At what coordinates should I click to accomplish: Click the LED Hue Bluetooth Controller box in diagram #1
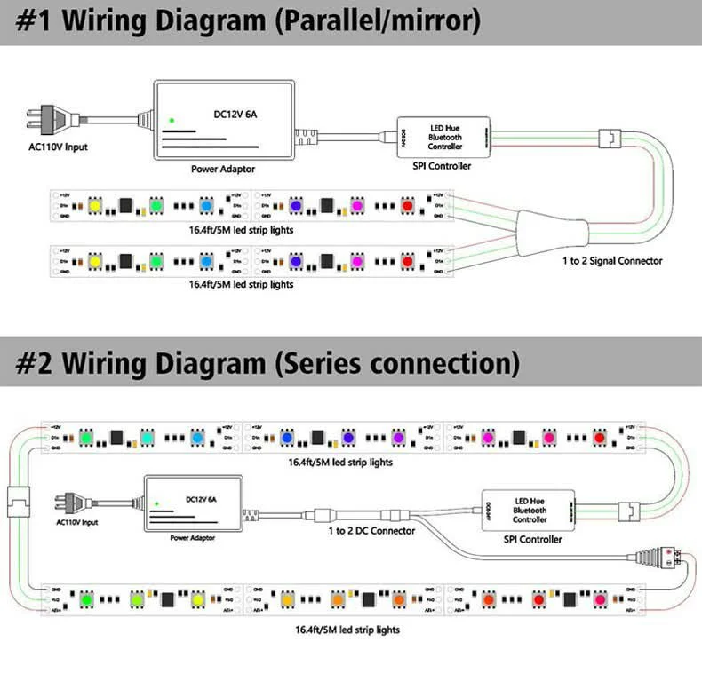click(444, 138)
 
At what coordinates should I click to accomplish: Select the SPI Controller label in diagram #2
click(532, 539)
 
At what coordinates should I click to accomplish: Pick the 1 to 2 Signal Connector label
click(612, 260)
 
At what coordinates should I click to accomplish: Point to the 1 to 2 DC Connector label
click(371, 531)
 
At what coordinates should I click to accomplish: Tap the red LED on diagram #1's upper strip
click(408, 205)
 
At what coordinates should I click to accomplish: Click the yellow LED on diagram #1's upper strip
click(96, 205)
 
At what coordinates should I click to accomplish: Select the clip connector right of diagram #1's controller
click(611, 139)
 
